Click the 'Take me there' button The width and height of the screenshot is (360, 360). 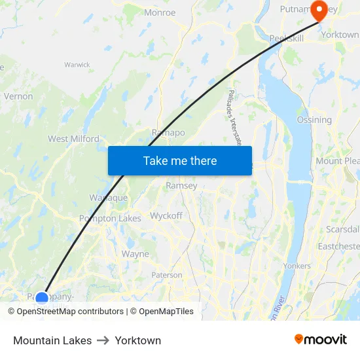179,160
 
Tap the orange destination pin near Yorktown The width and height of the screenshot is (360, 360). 319,10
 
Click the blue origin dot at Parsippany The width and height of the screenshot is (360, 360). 42,298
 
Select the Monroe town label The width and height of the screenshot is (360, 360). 160,12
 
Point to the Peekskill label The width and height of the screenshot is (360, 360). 286,39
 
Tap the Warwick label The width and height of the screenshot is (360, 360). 77,65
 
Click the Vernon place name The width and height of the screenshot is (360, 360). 18,96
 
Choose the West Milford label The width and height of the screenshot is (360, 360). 73,139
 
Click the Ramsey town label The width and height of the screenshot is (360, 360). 181,186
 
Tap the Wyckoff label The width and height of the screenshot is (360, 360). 166,215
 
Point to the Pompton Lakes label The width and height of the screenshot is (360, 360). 110,219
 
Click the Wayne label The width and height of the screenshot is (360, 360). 135,254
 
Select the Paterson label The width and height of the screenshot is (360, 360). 167,276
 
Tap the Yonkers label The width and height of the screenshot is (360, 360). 297,266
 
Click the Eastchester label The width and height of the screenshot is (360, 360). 338,246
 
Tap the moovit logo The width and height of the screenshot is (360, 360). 321,339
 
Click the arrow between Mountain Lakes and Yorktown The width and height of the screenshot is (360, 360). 103,340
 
